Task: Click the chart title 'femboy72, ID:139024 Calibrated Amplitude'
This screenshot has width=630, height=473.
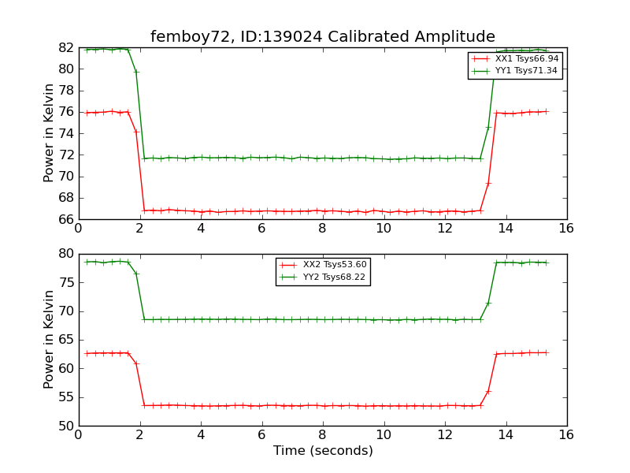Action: click(323, 37)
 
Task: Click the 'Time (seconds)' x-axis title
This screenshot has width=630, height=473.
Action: click(323, 451)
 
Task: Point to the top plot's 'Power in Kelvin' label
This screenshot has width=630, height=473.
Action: click(50, 133)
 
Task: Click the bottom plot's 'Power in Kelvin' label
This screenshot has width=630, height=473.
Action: click(50, 340)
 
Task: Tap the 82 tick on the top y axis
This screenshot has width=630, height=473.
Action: click(66, 47)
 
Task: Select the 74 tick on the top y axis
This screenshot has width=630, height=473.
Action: click(66, 133)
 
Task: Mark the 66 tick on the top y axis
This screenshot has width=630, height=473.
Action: click(66, 219)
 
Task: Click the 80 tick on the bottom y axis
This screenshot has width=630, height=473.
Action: click(66, 254)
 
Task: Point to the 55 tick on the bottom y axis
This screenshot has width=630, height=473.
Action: click(66, 397)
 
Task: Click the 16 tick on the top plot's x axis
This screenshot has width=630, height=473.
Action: click(566, 229)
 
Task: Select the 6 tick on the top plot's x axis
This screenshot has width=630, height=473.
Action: click(261, 229)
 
